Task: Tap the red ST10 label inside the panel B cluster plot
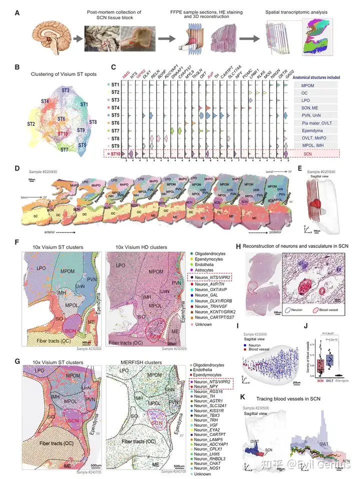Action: [x=62, y=134]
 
